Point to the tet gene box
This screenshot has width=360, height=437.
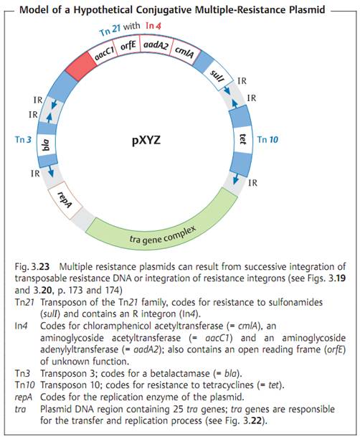coord(243,138)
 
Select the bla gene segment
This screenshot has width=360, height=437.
coord(46,146)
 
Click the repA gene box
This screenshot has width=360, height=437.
coord(65,199)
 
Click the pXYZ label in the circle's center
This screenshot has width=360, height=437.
coord(146,140)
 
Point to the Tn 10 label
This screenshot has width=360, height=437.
coord(267,139)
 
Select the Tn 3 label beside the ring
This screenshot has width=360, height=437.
coord(23,139)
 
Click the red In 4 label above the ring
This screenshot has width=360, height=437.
coord(153,26)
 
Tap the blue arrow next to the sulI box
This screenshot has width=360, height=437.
coord(227,90)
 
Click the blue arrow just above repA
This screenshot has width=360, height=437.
coord(51,171)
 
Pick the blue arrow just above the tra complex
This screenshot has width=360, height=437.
coord(236,179)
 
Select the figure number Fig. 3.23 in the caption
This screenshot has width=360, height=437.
coord(32,267)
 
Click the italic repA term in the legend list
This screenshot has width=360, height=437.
coord(23,398)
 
